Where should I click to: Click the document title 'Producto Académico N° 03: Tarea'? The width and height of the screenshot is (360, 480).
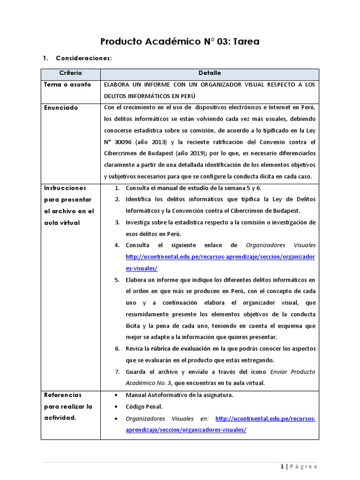pos(180,42)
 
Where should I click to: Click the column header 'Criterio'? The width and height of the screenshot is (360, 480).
pos(70,73)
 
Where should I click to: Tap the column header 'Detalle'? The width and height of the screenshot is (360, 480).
pos(210,73)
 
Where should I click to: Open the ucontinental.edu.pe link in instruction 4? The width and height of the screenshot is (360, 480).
pos(220,257)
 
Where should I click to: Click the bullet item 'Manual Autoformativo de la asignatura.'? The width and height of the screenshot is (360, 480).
pos(180,395)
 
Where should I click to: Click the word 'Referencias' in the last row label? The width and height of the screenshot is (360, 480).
pos(63,395)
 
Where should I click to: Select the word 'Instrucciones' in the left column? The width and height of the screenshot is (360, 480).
pos(65,188)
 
